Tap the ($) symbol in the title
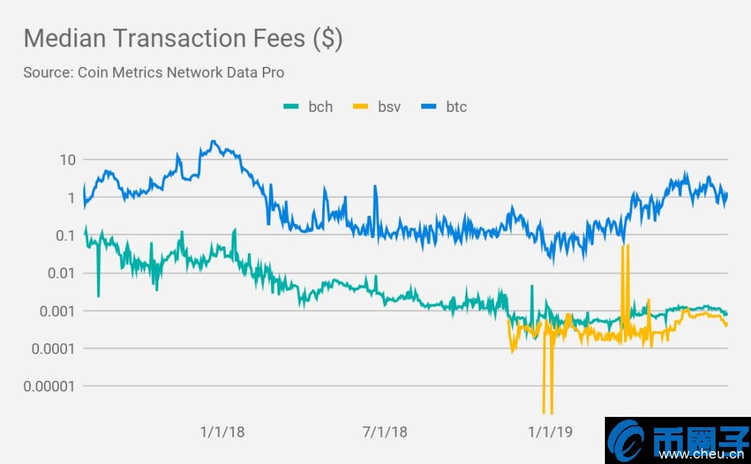328,38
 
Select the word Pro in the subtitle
273,72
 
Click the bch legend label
320,106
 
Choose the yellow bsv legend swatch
360,106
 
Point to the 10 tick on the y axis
68,160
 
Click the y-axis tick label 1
71,198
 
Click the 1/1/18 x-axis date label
223,432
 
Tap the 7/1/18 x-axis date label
384,432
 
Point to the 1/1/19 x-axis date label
550,432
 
